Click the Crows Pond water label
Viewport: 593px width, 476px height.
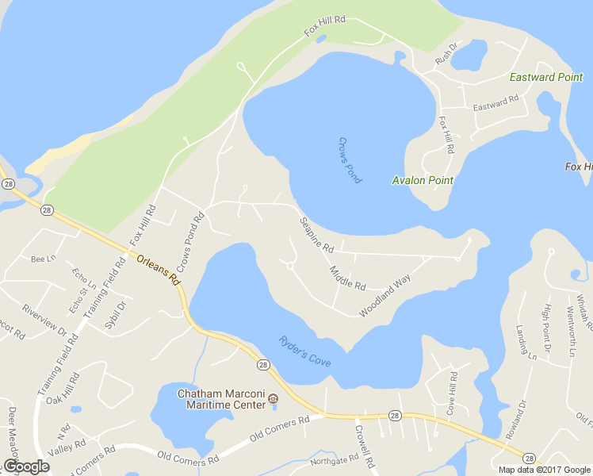350,160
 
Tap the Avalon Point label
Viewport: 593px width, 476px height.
423,180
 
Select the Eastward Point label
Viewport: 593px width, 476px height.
546,78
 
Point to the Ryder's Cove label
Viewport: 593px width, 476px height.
304,351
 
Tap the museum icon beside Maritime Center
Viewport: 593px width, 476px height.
274,398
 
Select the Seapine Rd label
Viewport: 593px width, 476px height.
316,236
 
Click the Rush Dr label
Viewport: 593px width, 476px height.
446,56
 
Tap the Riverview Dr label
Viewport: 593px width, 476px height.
45,321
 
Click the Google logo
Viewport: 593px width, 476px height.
26,466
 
